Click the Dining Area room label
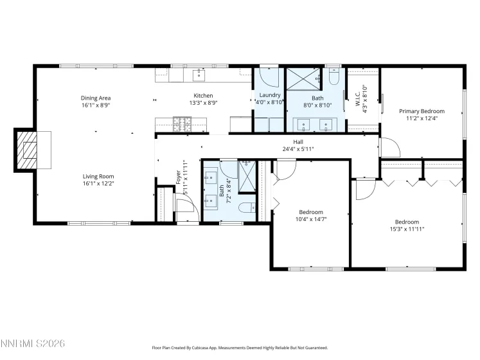(x=95, y=98)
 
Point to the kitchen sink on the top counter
(x=200, y=76)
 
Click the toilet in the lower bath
(x=248, y=207)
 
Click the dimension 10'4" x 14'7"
(x=311, y=219)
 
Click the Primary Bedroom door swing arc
(x=389, y=147)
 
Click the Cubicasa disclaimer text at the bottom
(x=240, y=347)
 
